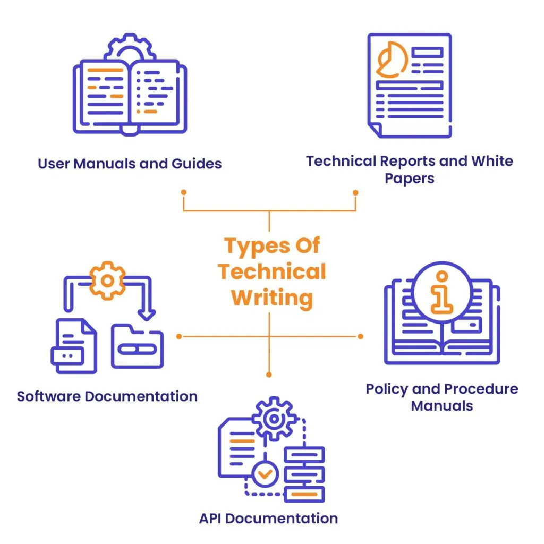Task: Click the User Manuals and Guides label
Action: point(130,163)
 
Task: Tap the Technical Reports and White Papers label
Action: point(410,169)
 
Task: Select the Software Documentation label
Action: point(107,396)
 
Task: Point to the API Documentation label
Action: point(268,518)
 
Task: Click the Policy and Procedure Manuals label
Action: point(441,397)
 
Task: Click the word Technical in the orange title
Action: point(271,271)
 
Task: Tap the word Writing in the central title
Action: point(272,297)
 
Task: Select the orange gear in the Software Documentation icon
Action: point(107,280)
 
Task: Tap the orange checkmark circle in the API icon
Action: point(265,473)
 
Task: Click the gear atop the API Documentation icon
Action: point(274,420)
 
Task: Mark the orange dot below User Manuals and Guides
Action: point(184,192)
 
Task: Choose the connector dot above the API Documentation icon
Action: point(269,375)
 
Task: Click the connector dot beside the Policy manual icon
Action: point(360,336)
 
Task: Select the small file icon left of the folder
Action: point(74,346)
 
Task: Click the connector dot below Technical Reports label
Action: point(355,192)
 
